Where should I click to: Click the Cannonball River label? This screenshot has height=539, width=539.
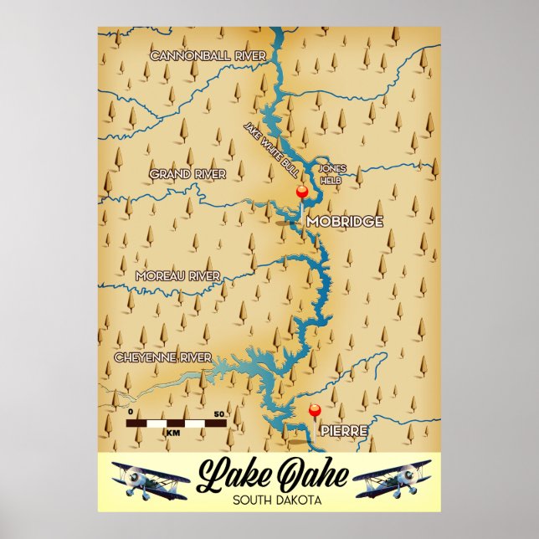coord(208,56)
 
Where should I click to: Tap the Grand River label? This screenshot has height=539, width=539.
coord(187,174)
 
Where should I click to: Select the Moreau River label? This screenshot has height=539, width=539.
coord(177,276)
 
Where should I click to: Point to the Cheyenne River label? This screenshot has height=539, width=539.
coord(163,358)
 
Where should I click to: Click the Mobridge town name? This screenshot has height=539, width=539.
coord(344,222)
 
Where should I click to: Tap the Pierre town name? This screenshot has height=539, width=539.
coord(344,430)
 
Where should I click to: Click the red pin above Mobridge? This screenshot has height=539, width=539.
coord(303,193)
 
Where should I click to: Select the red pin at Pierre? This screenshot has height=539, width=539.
coord(315,411)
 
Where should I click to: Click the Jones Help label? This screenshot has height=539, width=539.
coord(331,173)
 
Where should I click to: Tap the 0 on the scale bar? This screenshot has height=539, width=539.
coord(130,413)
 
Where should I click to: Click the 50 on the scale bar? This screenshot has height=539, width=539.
coord(218,414)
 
